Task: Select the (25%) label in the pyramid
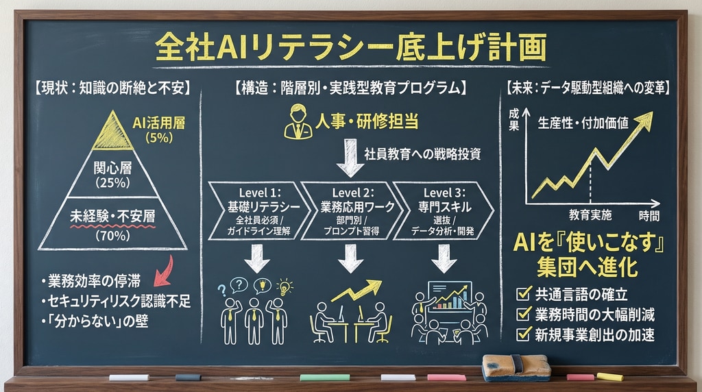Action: [112, 183]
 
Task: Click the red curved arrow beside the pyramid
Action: [162, 270]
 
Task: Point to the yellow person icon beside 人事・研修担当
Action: [298, 121]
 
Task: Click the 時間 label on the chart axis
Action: [649, 215]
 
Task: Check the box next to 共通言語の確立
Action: [524, 295]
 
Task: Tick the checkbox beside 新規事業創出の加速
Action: [524, 334]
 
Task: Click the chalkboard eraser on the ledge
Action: [516, 367]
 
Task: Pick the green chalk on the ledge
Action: [324, 378]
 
